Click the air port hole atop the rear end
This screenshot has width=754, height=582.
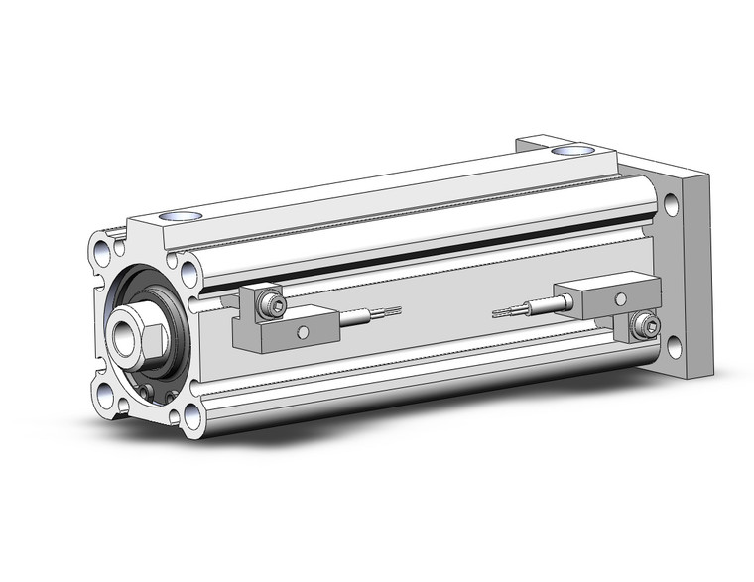point(570,151)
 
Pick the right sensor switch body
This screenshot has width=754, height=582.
point(596,295)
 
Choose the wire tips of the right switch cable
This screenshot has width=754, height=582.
point(503,311)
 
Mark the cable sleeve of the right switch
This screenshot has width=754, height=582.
point(541,306)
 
